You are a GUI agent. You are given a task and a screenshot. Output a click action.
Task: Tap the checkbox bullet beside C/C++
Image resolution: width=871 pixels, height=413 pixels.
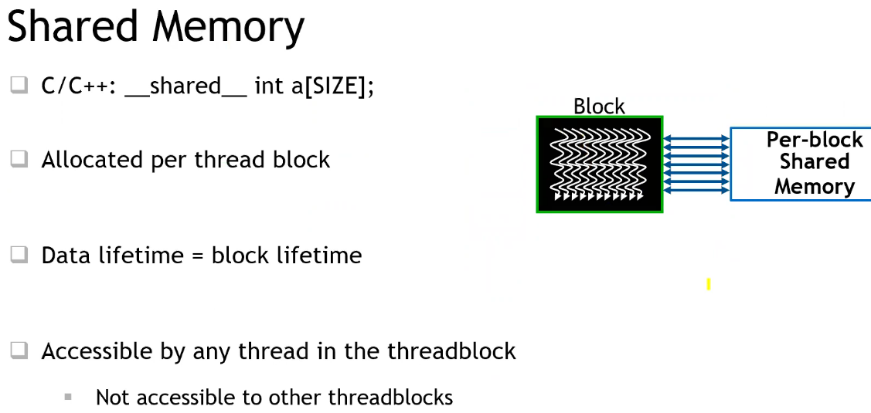coord(19,86)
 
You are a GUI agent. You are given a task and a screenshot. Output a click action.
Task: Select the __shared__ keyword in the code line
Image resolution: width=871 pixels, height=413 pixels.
coord(185,86)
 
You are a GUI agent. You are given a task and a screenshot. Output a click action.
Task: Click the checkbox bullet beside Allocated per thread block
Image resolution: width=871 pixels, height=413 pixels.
coord(19,160)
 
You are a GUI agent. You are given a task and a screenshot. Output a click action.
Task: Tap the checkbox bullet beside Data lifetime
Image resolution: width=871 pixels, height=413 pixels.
coord(19,255)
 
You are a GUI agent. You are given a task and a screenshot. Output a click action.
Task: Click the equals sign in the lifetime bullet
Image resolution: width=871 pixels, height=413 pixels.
coord(196,256)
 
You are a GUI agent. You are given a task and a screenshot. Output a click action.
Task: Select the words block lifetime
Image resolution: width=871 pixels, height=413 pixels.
coord(287,255)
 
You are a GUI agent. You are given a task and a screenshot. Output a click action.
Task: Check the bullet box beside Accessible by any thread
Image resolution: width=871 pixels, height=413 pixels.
coord(19,351)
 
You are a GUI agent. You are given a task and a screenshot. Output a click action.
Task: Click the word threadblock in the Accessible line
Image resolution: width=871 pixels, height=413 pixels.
coord(451,351)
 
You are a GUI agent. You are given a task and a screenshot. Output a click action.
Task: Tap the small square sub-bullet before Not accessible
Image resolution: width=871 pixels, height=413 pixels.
coord(68,397)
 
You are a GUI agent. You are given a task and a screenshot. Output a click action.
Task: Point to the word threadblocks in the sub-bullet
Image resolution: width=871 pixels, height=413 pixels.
coord(390,398)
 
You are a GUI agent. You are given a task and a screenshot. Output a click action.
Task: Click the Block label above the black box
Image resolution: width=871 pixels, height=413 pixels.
coord(599,107)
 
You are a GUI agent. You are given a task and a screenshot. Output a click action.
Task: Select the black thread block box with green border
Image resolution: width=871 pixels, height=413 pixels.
coord(600,164)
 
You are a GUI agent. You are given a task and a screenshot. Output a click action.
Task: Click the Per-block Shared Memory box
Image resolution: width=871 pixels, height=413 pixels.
coord(800,164)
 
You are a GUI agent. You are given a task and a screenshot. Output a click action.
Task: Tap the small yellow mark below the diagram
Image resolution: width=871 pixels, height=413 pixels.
coord(708,285)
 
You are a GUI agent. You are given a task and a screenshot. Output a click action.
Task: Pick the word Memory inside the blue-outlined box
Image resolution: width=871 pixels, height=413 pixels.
coord(815,186)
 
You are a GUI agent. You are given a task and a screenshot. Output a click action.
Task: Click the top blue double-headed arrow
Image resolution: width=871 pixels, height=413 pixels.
coord(696,138)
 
